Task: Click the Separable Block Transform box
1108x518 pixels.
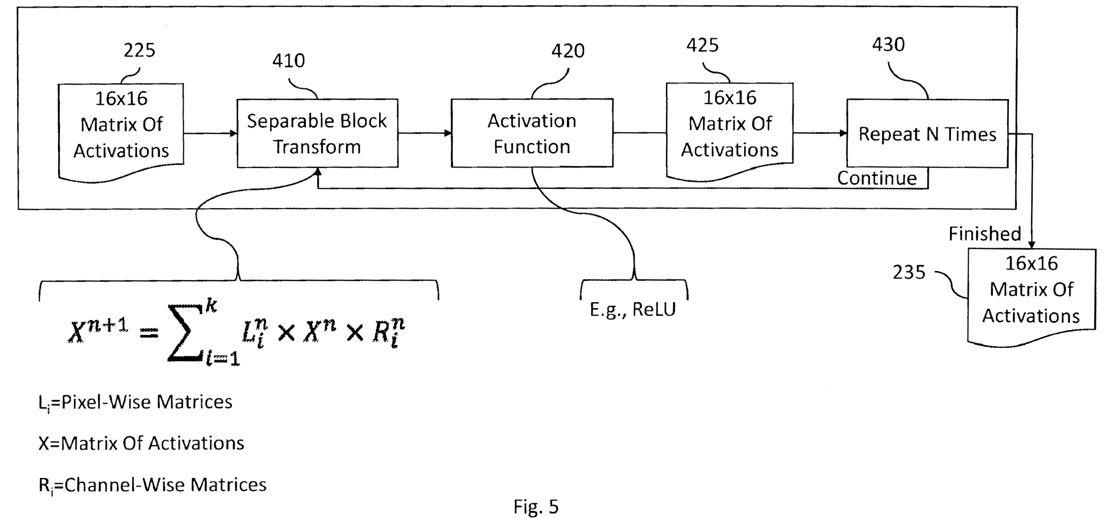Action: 317,134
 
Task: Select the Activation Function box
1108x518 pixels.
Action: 532,134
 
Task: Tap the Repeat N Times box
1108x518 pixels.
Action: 927,134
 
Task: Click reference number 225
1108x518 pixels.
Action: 139,51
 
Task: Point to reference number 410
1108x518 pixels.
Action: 288,61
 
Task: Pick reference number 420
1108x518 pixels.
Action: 568,51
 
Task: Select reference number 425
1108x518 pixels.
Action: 702,45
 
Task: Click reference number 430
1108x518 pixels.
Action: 888,45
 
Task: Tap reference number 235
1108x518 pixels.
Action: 908,272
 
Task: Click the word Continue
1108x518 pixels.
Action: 877,178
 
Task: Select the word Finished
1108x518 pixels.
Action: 984,234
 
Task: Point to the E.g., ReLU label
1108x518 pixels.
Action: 632,309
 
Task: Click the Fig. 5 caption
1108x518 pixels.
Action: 536,507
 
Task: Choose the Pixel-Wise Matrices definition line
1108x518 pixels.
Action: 135,403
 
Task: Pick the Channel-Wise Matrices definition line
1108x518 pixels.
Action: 152,485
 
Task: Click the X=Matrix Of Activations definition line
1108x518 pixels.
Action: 141,443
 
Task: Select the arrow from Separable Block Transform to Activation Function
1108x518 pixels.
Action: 424,133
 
